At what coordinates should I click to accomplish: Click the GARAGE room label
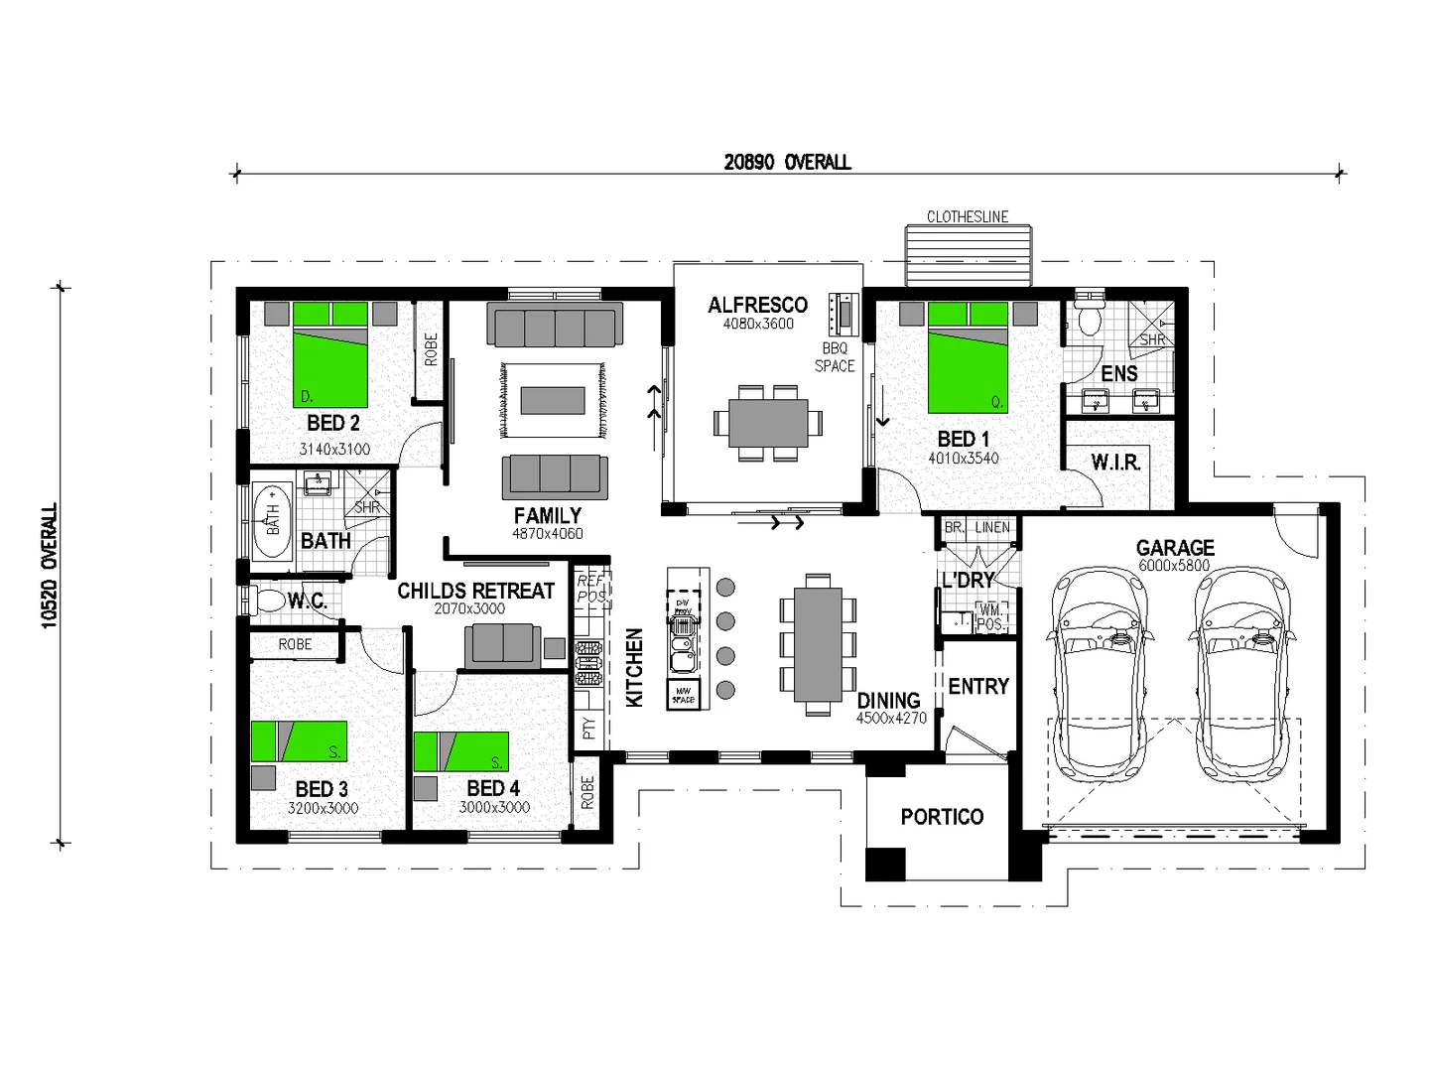click(x=1175, y=547)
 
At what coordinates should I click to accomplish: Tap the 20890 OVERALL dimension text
click(x=787, y=162)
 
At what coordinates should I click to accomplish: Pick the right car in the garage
click(x=1246, y=675)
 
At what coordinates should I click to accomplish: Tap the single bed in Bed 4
click(x=460, y=751)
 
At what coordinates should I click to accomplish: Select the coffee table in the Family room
click(x=553, y=400)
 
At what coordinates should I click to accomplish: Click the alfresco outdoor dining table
click(x=767, y=424)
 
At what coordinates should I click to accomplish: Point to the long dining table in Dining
click(x=818, y=644)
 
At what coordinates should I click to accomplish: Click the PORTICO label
click(x=942, y=817)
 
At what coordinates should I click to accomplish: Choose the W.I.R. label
click(x=1115, y=463)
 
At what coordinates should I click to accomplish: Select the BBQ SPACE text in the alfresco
click(x=835, y=357)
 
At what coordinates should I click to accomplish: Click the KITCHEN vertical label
click(x=634, y=668)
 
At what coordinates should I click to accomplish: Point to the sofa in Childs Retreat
click(x=503, y=645)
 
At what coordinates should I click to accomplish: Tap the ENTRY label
click(x=978, y=686)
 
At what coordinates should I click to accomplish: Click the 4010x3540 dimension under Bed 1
click(x=963, y=459)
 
